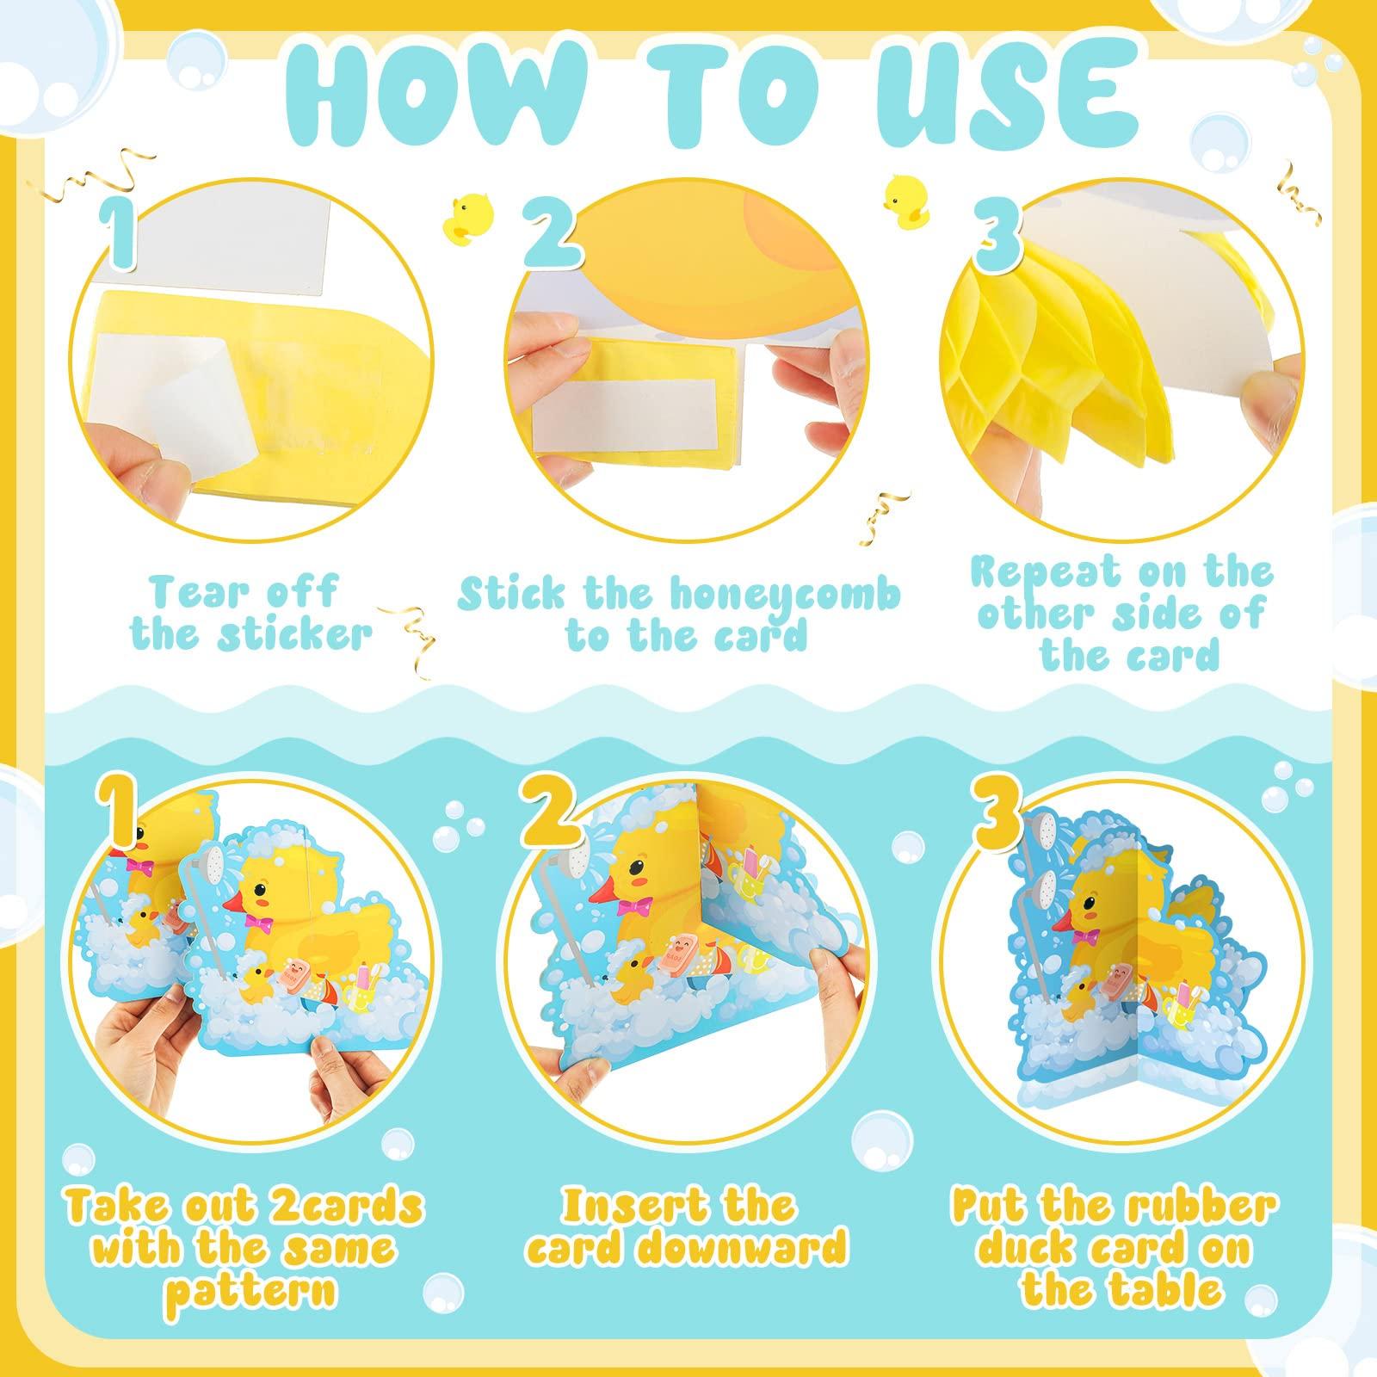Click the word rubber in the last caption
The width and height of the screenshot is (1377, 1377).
point(1205,1207)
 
